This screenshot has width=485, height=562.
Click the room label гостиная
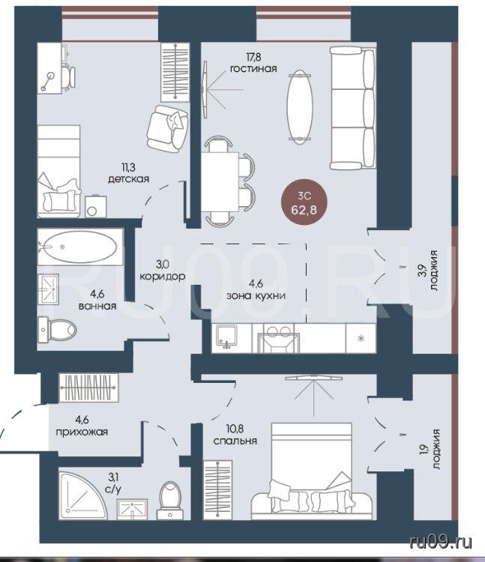pos(253,68)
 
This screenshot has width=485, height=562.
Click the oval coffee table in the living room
pos(300,106)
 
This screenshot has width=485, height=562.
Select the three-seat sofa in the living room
pos(353,108)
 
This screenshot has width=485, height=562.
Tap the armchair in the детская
pos(166,129)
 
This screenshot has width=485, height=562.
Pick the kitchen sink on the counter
pos(226,337)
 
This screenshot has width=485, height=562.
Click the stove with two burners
pos(279,338)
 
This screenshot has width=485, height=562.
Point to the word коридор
pos(163,277)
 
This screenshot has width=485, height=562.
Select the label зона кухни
pos(256,296)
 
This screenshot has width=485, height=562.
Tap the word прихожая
pos(82,432)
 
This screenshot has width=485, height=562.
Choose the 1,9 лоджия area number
pos(423,450)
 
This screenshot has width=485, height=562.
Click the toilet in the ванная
pos(58,329)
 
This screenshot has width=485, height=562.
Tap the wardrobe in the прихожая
pos(88,388)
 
